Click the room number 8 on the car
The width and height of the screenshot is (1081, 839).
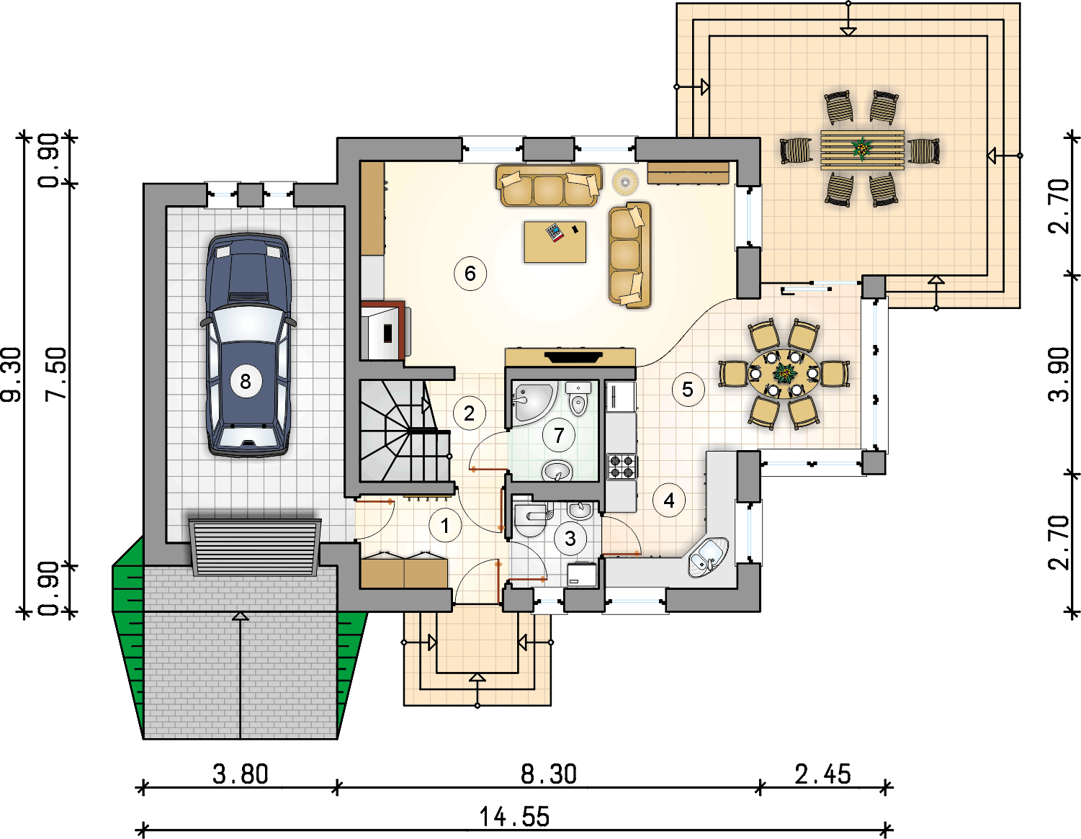[x=246, y=382]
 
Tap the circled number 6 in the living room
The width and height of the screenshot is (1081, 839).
[x=470, y=273]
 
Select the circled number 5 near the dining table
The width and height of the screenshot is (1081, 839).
[x=688, y=390]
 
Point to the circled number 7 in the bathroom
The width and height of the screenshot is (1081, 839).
[x=559, y=435]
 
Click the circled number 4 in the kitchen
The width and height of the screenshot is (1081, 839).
[x=669, y=501]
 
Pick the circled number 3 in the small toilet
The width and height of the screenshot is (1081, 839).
[x=570, y=538]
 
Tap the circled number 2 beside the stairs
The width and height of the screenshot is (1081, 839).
[x=469, y=413]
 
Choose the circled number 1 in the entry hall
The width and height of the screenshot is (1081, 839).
[x=445, y=525]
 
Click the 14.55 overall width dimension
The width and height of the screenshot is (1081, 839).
[x=514, y=817]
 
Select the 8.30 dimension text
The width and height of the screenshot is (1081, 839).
[x=549, y=774]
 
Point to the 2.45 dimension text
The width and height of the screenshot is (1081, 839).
[x=823, y=774]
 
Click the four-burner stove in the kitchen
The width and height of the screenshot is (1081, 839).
[x=622, y=467]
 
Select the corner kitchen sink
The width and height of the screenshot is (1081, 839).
[x=708, y=557]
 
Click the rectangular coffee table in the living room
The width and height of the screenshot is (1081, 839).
[x=555, y=242]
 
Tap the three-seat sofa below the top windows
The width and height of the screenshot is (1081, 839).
[x=549, y=186]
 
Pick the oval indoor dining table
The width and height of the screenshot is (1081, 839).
[x=784, y=374]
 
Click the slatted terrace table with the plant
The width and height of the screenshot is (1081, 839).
[x=862, y=150]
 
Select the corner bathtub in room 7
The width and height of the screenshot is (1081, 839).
[x=532, y=403]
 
